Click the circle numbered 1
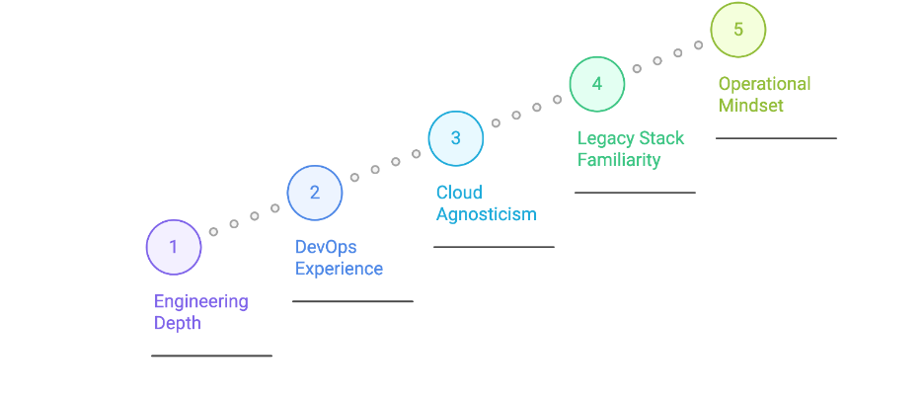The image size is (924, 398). tap(174, 247)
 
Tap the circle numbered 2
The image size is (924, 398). tap(315, 193)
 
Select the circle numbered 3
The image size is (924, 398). tap(455, 138)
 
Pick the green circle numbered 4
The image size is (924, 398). tap(596, 84)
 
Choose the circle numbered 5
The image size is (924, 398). tap(737, 30)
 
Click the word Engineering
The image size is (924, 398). tap(200, 301)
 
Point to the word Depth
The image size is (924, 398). tap(177, 323)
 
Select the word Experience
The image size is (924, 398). tap(339, 269)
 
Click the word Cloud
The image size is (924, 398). tap(459, 193)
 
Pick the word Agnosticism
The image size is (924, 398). tap(486, 214)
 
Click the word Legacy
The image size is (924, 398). tap(604, 138)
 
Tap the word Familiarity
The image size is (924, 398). tap(618, 160)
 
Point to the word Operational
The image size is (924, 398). tap(764, 84)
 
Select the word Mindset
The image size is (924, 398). tap(750, 106)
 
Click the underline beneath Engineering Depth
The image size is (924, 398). tap(211, 356)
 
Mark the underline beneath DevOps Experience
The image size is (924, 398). tap(352, 301)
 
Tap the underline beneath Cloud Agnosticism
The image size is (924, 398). tap(494, 247)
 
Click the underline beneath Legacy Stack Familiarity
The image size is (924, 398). tap(635, 193)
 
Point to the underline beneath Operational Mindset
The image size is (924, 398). tap(776, 138)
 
